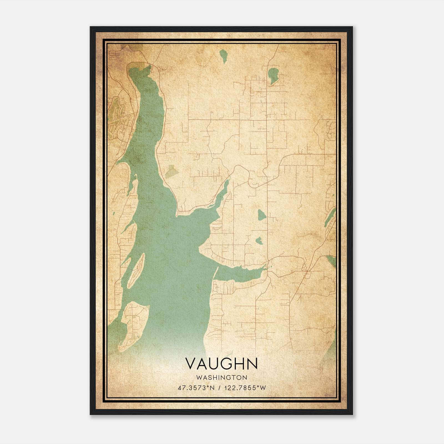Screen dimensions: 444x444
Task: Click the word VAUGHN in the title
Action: [x=221, y=364]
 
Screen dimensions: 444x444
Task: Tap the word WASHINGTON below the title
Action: [x=221, y=377]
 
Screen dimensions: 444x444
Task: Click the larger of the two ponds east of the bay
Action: [x=261, y=215]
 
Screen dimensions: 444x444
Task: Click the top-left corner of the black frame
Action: [x=90, y=27]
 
